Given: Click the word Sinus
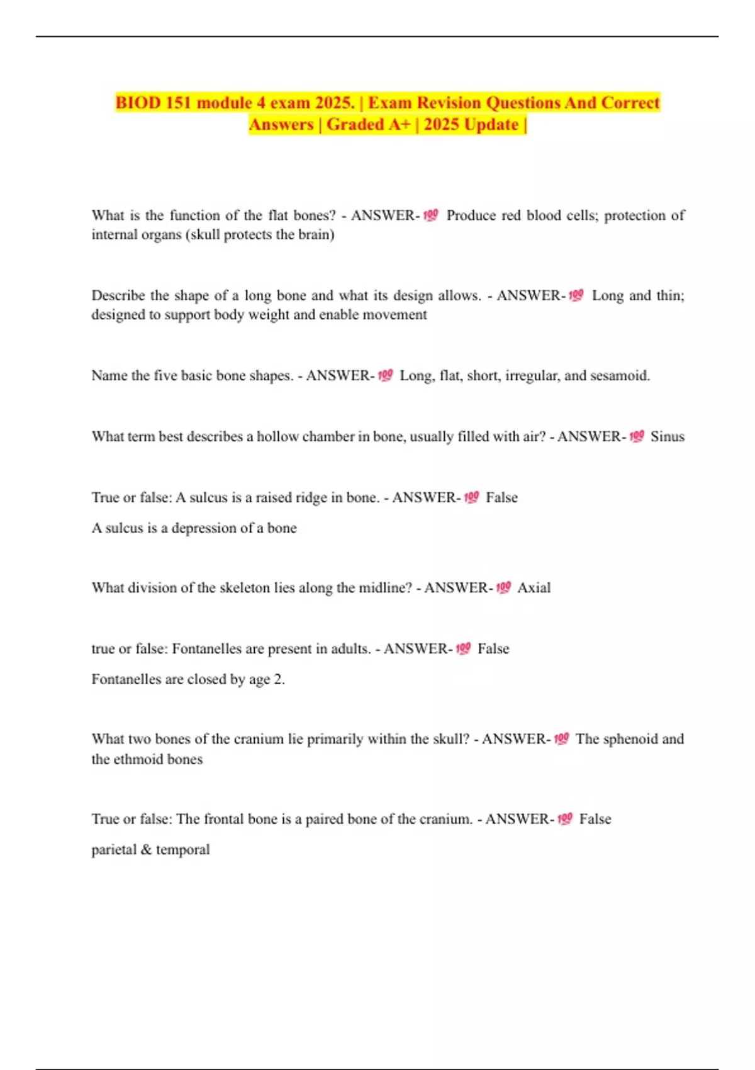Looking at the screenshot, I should point(667,436).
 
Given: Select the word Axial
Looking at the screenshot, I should point(534,587).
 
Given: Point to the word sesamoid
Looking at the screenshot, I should point(619,376).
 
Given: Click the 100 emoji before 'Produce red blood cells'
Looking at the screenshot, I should point(430,215).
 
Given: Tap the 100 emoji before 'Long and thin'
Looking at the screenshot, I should point(576,295).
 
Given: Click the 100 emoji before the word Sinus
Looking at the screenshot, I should point(636,436).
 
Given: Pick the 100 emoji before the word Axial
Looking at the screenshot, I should point(503,587).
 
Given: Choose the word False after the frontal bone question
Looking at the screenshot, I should point(595,819).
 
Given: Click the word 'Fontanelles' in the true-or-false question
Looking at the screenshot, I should point(208,648).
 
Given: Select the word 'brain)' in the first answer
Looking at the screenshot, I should point(317,235).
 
